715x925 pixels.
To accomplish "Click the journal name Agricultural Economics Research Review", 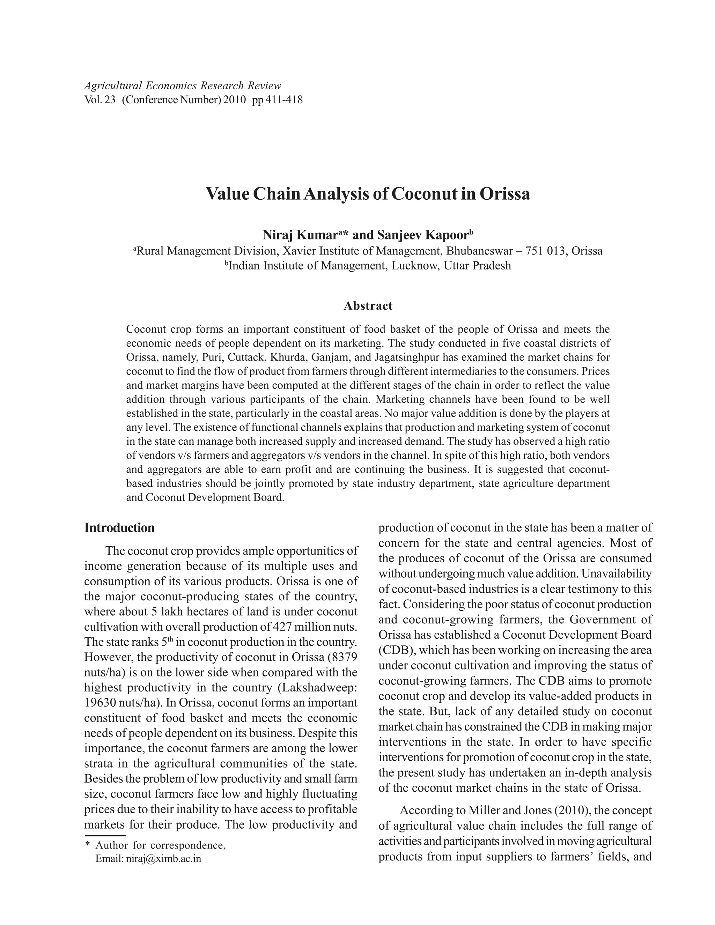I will (183, 86).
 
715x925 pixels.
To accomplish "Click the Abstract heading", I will (368, 305).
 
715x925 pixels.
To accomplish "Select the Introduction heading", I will (119, 528).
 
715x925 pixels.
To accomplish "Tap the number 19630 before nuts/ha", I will (100, 703).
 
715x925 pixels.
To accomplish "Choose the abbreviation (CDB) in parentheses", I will (395, 650).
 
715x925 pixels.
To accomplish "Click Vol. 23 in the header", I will (100, 101).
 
